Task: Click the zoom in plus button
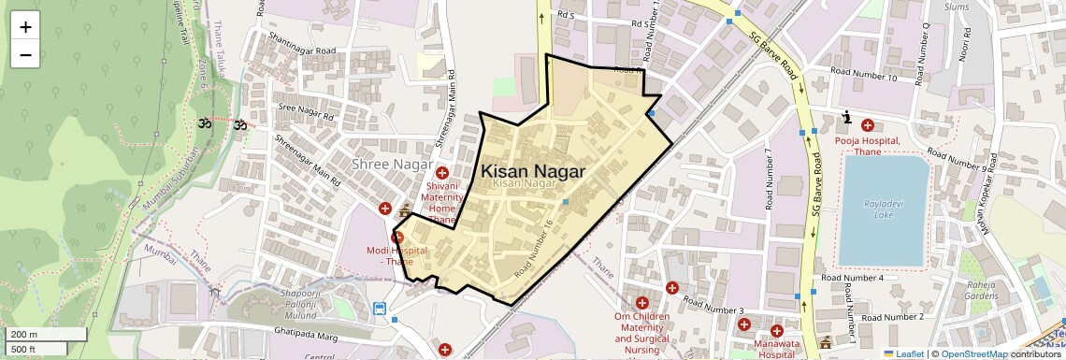(x=25, y=26)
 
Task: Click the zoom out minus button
(x=25, y=54)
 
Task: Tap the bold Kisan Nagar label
(x=533, y=172)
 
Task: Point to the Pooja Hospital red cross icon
(x=867, y=125)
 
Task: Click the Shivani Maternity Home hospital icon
(x=442, y=172)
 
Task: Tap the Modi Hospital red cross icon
(x=397, y=238)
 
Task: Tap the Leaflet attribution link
(x=903, y=353)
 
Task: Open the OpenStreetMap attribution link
(x=973, y=353)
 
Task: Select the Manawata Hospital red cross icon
(x=776, y=331)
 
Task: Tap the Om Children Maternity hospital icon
(x=641, y=302)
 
